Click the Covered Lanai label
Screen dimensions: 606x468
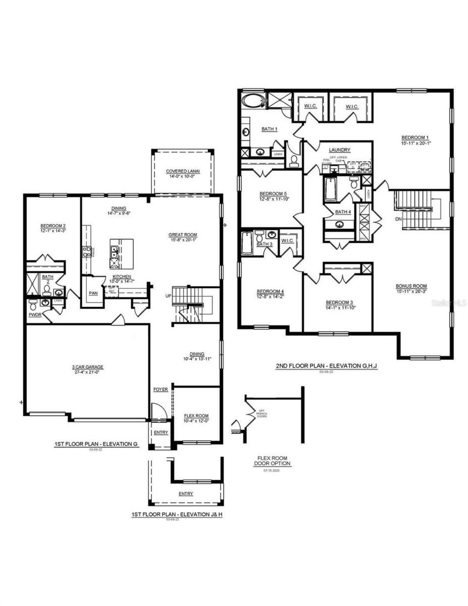pos(183,171)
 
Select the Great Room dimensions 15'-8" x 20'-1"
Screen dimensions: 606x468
pos(182,240)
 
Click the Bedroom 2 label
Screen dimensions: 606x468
pos(53,225)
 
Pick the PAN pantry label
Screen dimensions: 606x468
pos(93,292)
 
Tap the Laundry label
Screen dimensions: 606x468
pos(339,150)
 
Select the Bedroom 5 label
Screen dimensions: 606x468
pos(273,193)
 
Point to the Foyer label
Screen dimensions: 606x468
pos(160,390)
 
